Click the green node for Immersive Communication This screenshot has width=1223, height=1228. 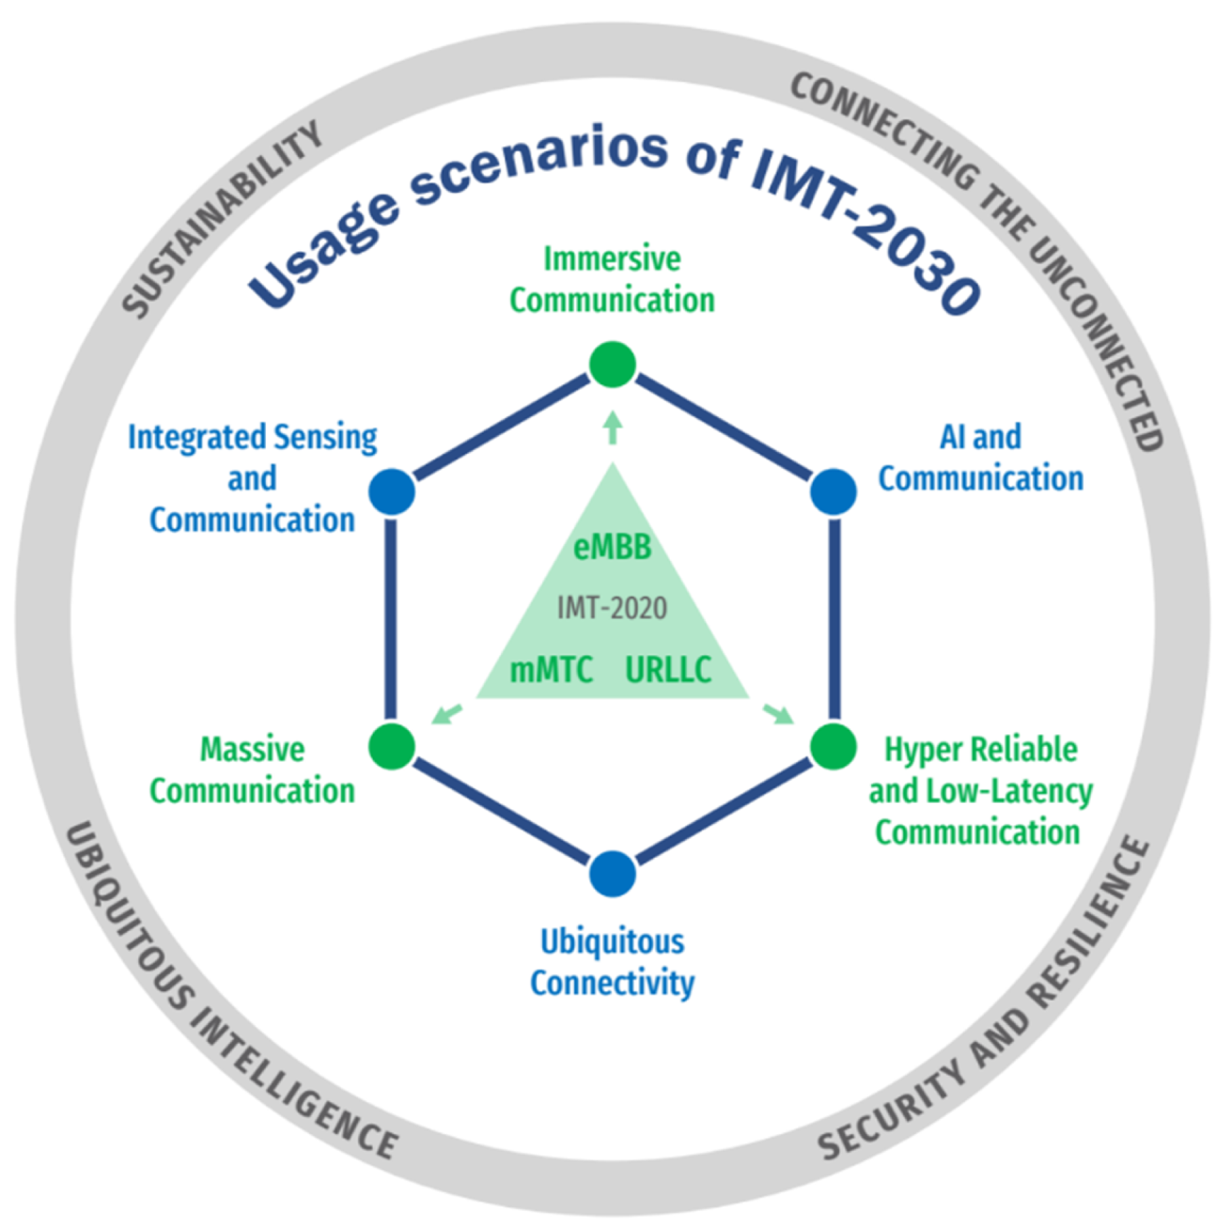[612, 365]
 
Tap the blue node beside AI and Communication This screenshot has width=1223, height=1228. [833, 492]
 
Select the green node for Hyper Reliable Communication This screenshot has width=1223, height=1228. [833, 746]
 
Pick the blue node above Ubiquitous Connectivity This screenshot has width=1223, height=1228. [612, 873]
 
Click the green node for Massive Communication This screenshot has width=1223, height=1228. [391, 746]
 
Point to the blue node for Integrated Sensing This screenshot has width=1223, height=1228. [391, 492]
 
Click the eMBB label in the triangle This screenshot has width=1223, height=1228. [612, 547]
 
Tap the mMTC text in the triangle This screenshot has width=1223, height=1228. [551, 670]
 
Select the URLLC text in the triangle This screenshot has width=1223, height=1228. [668, 670]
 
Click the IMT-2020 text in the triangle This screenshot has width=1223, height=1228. [612, 608]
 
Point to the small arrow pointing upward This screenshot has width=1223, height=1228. [613, 428]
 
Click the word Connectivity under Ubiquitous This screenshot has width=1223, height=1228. [612, 983]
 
